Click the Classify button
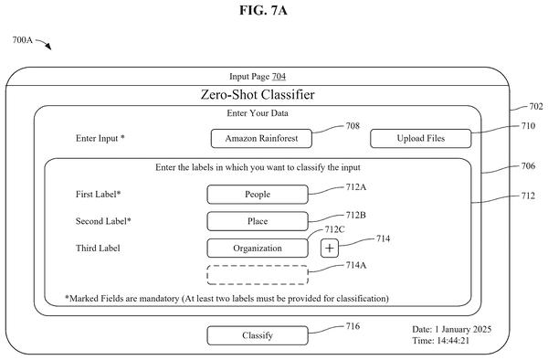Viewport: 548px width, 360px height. (258, 335)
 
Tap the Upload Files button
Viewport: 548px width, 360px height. (421, 138)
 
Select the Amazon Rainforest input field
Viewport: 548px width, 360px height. (261, 138)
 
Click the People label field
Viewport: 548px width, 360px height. (258, 195)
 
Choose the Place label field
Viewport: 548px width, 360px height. (258, 221)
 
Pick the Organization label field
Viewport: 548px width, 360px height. (258, 249)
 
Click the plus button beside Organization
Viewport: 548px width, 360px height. (330, 249)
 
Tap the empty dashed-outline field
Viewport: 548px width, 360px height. (258, 275)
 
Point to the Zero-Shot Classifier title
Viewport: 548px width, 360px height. (258, 95)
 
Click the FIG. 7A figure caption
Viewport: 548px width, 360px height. (263, 10)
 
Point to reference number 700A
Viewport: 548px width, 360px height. (22, 40)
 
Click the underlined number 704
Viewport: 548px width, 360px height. (279, 76)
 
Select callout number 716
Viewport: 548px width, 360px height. (353, 326)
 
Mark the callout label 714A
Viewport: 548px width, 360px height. (356, 265)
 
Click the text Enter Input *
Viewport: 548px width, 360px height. (100, 138)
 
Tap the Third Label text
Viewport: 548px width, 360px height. (98, 249)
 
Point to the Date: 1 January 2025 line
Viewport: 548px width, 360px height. (451, 329)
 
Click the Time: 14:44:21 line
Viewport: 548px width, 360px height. (440, 341)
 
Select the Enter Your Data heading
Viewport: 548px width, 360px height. (258, 113)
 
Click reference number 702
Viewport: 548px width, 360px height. (536, 106)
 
